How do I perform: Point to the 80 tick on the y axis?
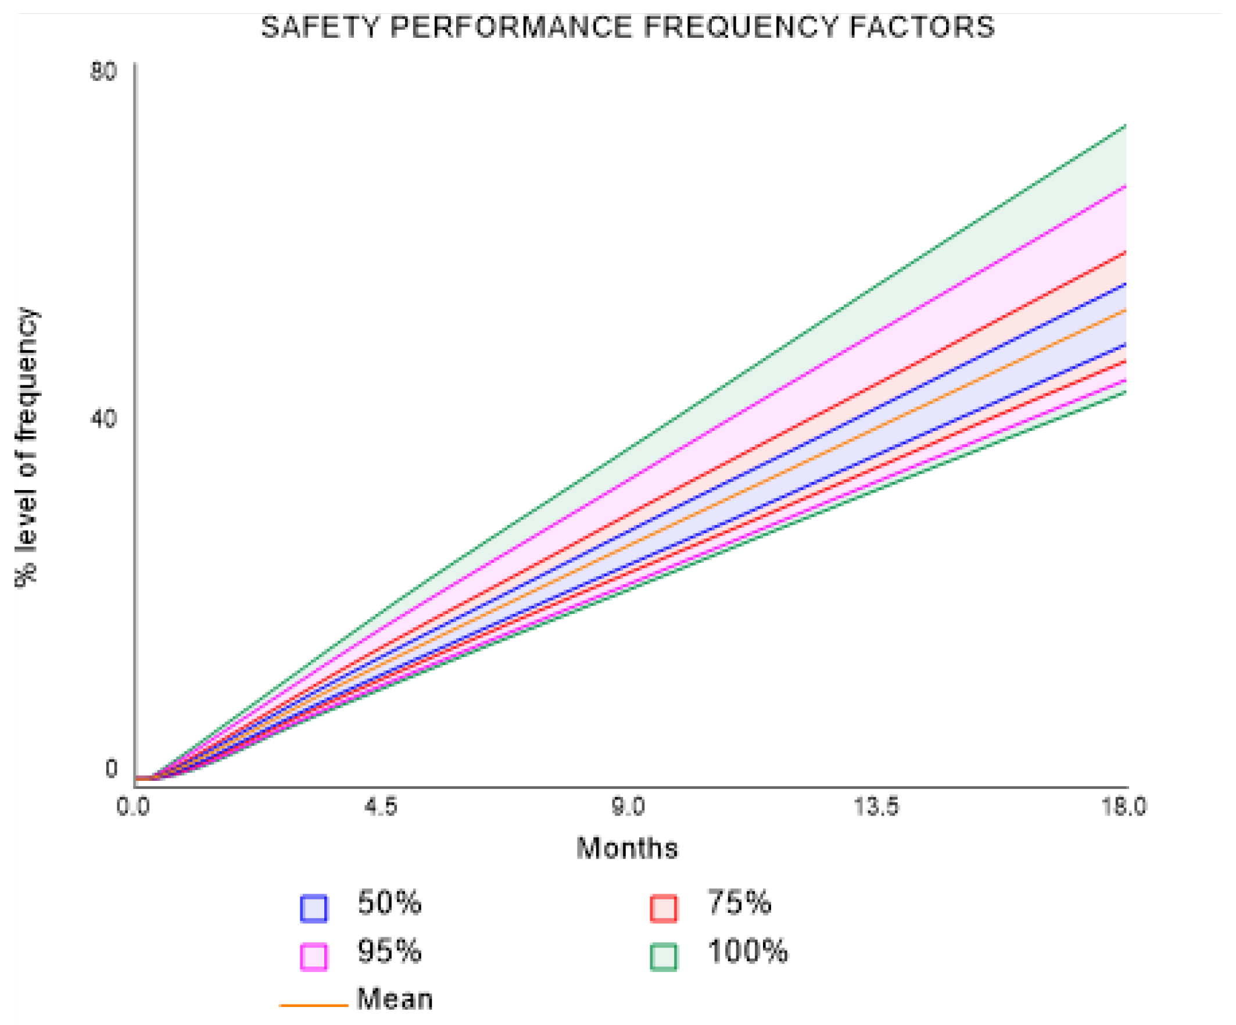103,72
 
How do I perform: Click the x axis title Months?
627,848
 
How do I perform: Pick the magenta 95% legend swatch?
314,957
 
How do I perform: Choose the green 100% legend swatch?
663,957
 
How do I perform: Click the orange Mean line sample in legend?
314,1005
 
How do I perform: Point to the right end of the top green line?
1125,126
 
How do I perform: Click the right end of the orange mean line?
1125,310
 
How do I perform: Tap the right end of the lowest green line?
1125,392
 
